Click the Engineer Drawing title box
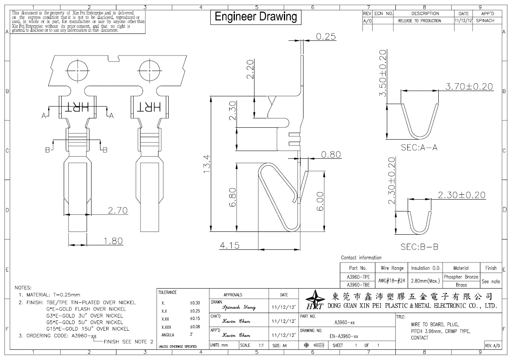click(256, 17)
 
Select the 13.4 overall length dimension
click(207, 164)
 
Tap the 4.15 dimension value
click(230, 246)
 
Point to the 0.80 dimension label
click(331, 155)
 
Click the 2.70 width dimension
click(118, 210)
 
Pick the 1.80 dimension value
click(113, 241)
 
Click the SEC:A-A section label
click(419, 147)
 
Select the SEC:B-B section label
click(419, 247)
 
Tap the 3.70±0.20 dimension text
click(469, 87)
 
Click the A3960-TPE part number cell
click(358, 277)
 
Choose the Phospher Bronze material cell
click(461, 277)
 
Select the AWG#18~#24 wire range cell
click(391, 281)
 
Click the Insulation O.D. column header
click(426, 268)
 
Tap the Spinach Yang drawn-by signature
click(239, 307)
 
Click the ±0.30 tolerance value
click(194, 303)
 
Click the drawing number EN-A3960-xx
click(344, 336)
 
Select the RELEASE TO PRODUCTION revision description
click(420, 21)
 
